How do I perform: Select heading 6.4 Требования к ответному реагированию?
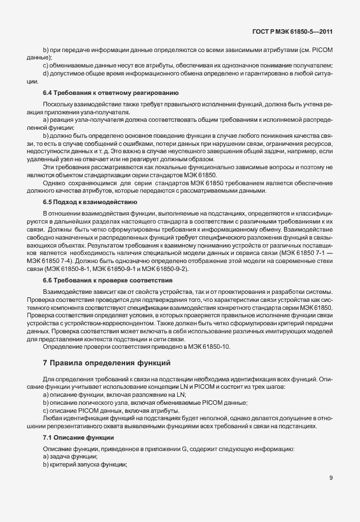(111, 92)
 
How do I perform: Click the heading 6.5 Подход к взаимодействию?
(90, 202)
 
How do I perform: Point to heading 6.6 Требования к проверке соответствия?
(107, 281)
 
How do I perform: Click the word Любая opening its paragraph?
(53, 419)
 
